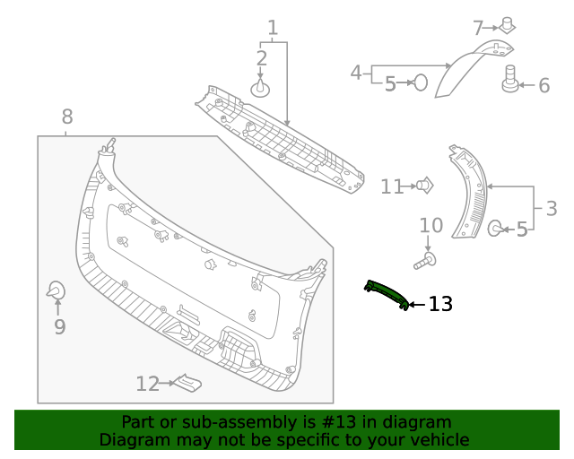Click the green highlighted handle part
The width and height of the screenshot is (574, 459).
[x=387, y=294]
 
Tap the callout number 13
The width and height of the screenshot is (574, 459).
[x=440, y=305]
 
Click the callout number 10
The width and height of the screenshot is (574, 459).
[x=430, y=225]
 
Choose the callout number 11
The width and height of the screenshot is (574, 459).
[x=392, y=186]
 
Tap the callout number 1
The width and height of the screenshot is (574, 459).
[x=273, y=28]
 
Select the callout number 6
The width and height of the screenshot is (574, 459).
[x=544, y=86]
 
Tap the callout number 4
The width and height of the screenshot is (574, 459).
[x=356, y=72]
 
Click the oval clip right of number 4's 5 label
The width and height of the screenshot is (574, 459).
[x=420, y=82]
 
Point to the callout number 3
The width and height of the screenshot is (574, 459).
[x=551, y=209]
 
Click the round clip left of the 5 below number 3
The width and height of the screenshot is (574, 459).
[x=495, y=229]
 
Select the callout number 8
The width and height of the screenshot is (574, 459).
[x=67, y=117]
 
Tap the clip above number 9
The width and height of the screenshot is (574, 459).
[x=56, y=290]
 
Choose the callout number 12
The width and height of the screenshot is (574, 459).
[x=147, y=384]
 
